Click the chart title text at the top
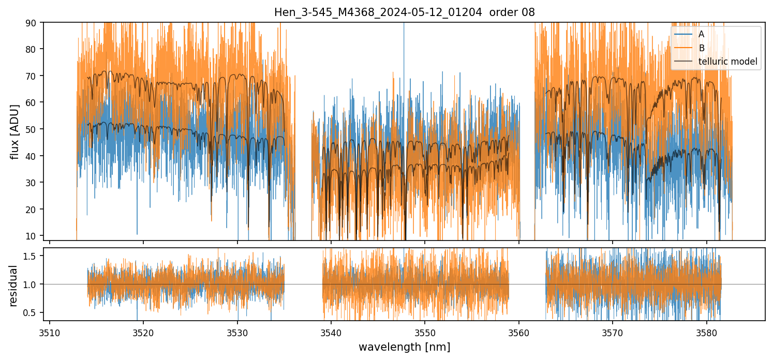[404, 12]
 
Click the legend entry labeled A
[701, 34]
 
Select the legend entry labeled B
[701, 48]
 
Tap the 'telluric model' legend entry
[727, 62]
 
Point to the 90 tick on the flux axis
[32, 23]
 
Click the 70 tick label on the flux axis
[32, 76]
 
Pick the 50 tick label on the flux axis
[32, 129]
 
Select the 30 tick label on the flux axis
[32, 183]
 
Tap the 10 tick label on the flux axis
[32, 236]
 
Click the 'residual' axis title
[14, 285]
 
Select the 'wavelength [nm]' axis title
[404, 347]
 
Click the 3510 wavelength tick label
[50, 332]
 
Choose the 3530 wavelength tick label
[237, 332]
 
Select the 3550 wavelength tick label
[425, 332]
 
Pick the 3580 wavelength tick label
[706, 332]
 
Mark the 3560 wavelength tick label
[519, 332]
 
